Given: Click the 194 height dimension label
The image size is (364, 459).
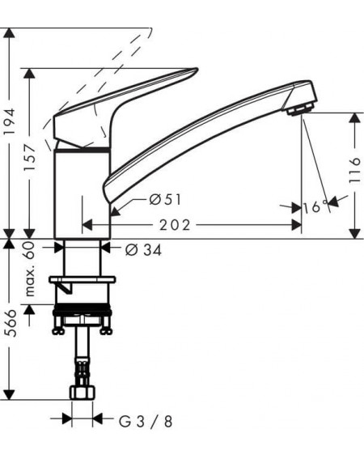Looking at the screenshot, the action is tap(11, 121).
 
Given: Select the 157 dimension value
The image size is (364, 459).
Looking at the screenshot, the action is tap(30, 158).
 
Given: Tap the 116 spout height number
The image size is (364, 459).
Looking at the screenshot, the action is tap(354, 170).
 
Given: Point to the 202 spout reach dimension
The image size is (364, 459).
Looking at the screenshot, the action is tap(175, 225).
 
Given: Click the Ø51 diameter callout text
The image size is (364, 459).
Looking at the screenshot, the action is tap(165, 200).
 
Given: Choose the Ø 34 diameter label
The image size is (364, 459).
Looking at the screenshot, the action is tap(143, 250).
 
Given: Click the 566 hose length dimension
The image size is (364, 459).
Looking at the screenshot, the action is tap(11, 323).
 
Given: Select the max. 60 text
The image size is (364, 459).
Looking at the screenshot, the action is tap(30, 270).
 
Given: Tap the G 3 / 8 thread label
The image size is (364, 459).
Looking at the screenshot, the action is tap(146, 422).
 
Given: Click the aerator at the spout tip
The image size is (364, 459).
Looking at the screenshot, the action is tap(300, 111).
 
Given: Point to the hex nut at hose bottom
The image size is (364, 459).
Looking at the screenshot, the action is tap(83, 393).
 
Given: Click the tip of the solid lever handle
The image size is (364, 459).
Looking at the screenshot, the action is tap(197, 70).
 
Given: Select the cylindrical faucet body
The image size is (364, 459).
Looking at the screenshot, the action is tap(83, 193).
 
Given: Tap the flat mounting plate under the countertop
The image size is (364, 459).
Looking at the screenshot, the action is tap(83, 280).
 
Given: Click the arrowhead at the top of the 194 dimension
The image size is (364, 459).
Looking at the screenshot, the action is tap(10, 32).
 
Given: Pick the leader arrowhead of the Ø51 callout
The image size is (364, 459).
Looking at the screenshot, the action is tap(116, 211).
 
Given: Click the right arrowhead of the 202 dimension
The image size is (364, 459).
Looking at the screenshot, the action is tap(296, 225).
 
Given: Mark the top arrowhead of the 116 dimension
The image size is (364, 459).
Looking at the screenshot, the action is tap(355, 117).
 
